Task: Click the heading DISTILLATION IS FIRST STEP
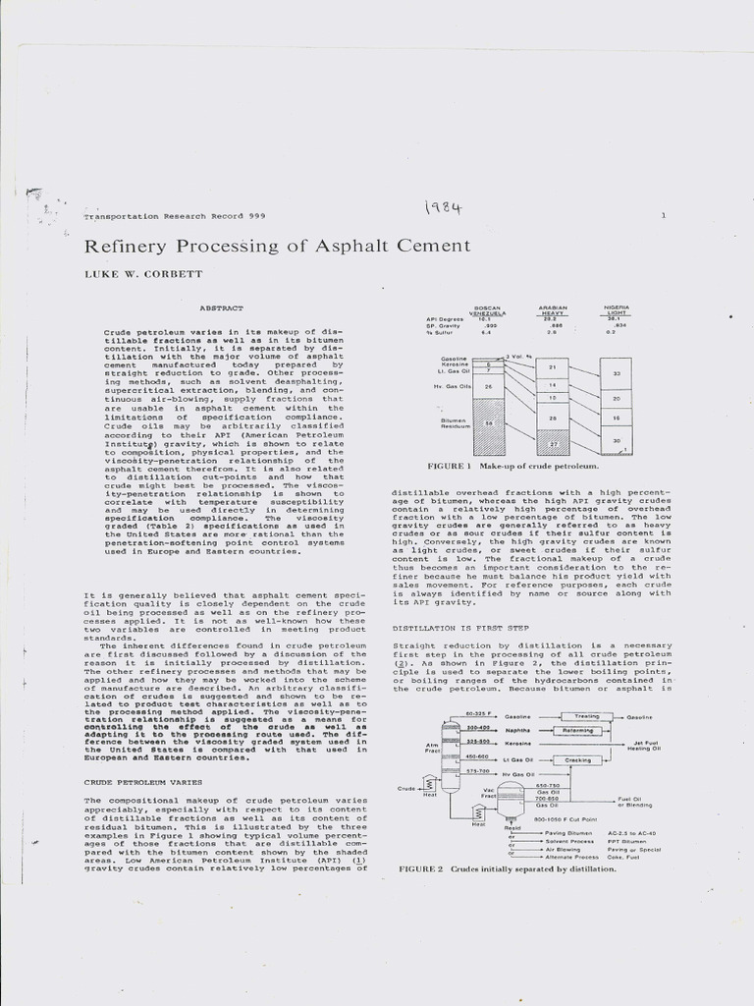click(460, 627)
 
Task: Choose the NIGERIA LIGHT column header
click(616, 310)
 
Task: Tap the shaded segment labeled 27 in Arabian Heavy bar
click(552, 444)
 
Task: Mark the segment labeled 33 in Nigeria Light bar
click(616, 374)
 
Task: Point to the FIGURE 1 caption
click(512, 466)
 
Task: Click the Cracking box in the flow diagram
click(577, 760)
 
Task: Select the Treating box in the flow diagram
click(586, 717)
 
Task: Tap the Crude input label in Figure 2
click(405, 788)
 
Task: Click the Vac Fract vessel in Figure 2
click(510, 801)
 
